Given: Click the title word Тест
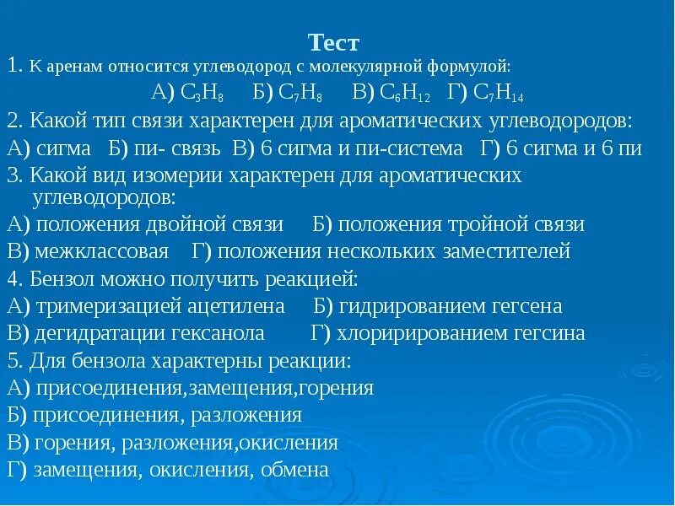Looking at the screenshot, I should pos(334,42).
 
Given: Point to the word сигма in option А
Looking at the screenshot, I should pos(64,149).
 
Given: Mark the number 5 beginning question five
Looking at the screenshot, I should pos(12,360).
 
